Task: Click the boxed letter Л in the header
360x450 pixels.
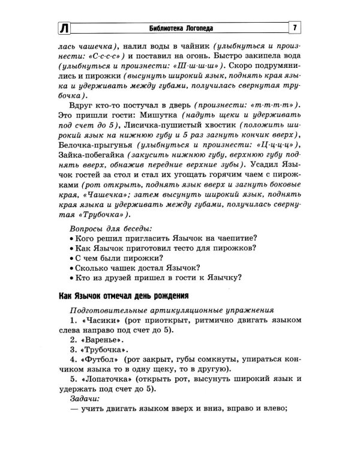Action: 64,29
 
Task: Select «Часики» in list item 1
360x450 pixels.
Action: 98,322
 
